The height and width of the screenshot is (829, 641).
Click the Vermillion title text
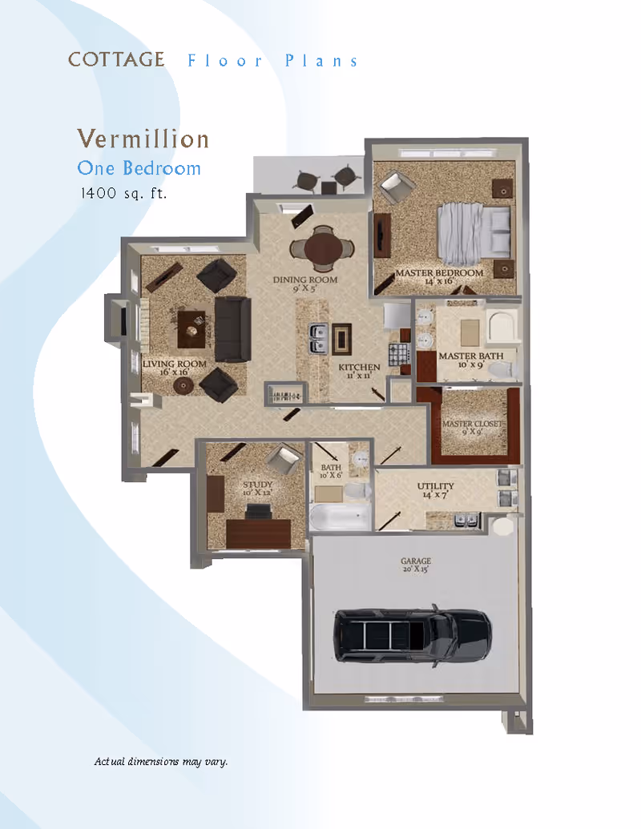(143, 139)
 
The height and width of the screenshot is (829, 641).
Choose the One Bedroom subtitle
(139, 168)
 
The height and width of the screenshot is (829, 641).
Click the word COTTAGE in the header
(116, 60)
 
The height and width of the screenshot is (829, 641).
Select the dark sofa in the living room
(232, 328)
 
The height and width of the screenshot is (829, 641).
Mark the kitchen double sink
(317, 339)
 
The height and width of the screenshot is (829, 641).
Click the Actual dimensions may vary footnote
(161, 761)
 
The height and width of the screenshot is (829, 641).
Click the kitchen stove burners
(399, 353)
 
